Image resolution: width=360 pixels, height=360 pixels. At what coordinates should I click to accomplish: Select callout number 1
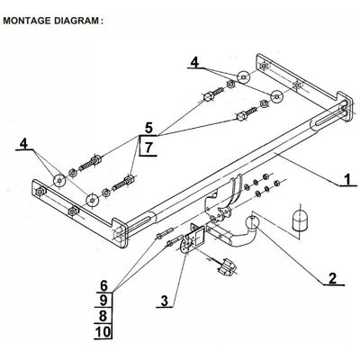tap(347, 180)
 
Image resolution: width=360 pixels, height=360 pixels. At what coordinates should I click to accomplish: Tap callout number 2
tap(333, 278)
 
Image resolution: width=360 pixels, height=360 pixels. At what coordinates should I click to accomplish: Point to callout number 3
tap(165, 301)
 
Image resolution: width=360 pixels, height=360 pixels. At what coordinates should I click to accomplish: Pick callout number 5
tap(148, 129)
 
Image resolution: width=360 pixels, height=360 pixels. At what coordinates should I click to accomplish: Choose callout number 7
tap(148, 148)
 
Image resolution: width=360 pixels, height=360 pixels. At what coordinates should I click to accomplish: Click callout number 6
tap(103, 286)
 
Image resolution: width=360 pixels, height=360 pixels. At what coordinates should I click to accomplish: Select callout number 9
tap(103, 300)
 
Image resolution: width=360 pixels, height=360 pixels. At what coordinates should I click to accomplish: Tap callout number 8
tap(103, 316)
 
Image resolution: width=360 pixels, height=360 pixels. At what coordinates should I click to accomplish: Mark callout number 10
tap(103, 332)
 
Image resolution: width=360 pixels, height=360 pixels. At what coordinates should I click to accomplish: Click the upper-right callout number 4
tap(195, 62)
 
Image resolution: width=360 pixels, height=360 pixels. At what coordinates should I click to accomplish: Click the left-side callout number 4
tap(23, 143)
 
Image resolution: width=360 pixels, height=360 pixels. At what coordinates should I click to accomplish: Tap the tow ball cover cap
tap(298, 220)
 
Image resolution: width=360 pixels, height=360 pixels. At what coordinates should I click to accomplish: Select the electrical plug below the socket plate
tap(227, 266)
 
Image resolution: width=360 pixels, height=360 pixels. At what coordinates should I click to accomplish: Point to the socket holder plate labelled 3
tap(193, 239)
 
